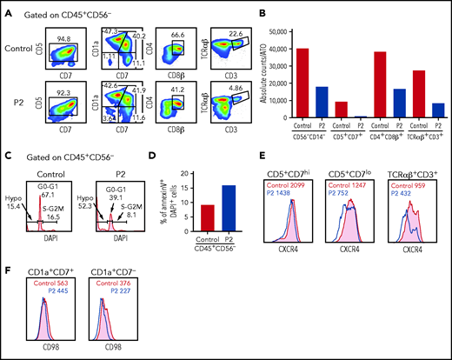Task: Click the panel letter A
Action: (6, 8)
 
